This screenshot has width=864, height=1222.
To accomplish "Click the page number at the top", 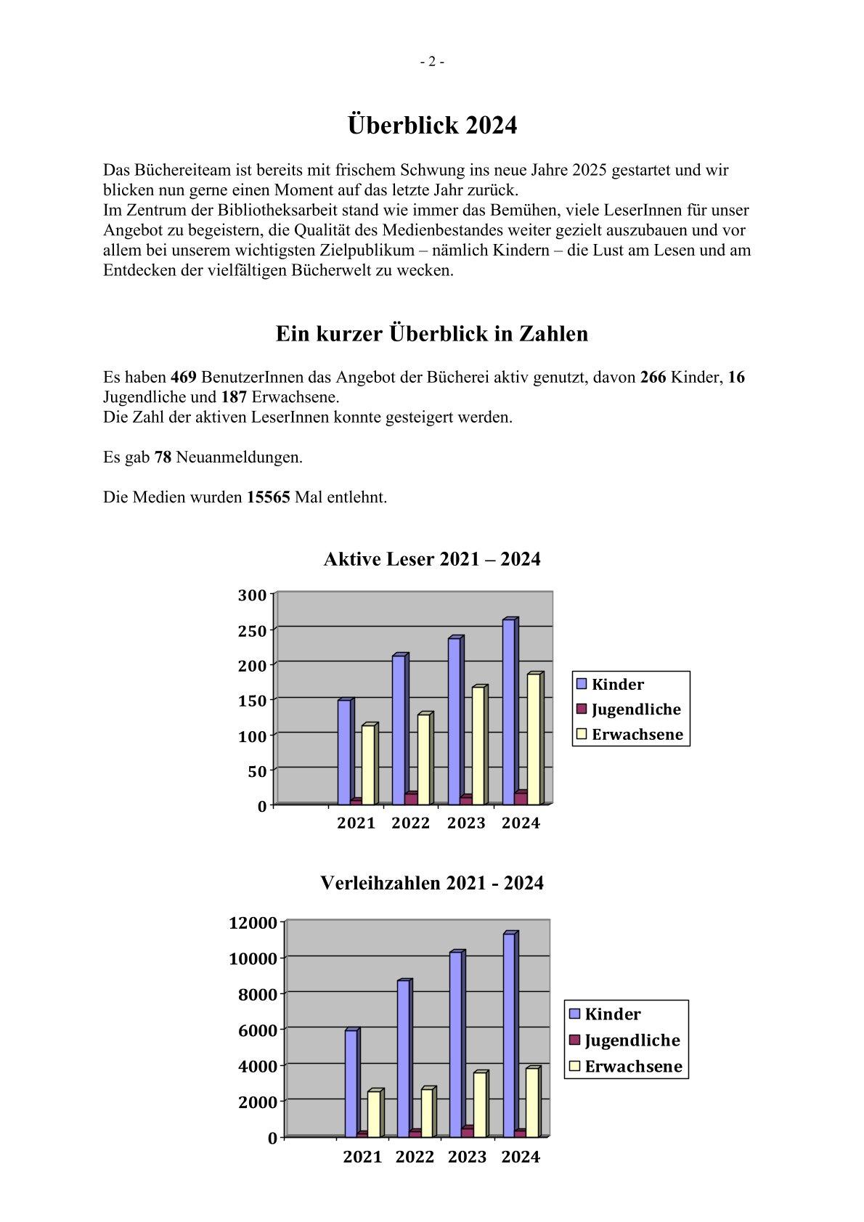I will click(x=432, y=62).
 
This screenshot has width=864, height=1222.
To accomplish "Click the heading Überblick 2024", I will click(x=432, y=126).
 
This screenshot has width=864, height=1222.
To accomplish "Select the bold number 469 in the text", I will click(x=183, y=378).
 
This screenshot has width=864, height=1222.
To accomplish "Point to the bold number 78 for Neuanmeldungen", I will click(x=163, y=457).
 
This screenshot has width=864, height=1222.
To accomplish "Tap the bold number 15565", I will click(x=269, y=497).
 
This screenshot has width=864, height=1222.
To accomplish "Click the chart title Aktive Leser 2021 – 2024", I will click(x=432, y=559).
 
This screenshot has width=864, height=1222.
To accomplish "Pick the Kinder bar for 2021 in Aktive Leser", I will click(x=344, y=751).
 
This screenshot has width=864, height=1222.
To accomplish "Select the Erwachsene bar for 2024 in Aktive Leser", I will click(x=534, y=739).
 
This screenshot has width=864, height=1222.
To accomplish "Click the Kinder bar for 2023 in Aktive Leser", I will click(x=455, y=720).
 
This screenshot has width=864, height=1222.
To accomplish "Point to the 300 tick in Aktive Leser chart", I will click(x=252, y=595).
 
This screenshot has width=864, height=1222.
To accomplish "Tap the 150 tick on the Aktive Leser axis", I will click(x=252, y=700).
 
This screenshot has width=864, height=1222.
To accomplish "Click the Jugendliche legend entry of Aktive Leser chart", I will click(x=629, y=709).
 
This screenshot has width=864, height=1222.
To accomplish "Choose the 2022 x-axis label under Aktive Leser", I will click(x=411, y=823).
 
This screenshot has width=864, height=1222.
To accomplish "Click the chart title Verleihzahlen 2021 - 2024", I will click(x=432, y=883).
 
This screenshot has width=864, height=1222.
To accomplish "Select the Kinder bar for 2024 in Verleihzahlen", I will click(x=509, y=1035).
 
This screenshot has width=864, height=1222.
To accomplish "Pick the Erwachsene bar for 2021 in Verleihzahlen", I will click(x=373, y=1114).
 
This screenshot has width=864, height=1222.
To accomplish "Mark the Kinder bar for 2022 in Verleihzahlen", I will click(x=404, y=1059).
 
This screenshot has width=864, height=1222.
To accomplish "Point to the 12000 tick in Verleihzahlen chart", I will click(x=253, y=923).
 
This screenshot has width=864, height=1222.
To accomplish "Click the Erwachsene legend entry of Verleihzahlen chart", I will click(x=626, y=1066).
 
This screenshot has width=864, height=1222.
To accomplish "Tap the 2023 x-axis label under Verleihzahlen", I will click(x=467, y=1157).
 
